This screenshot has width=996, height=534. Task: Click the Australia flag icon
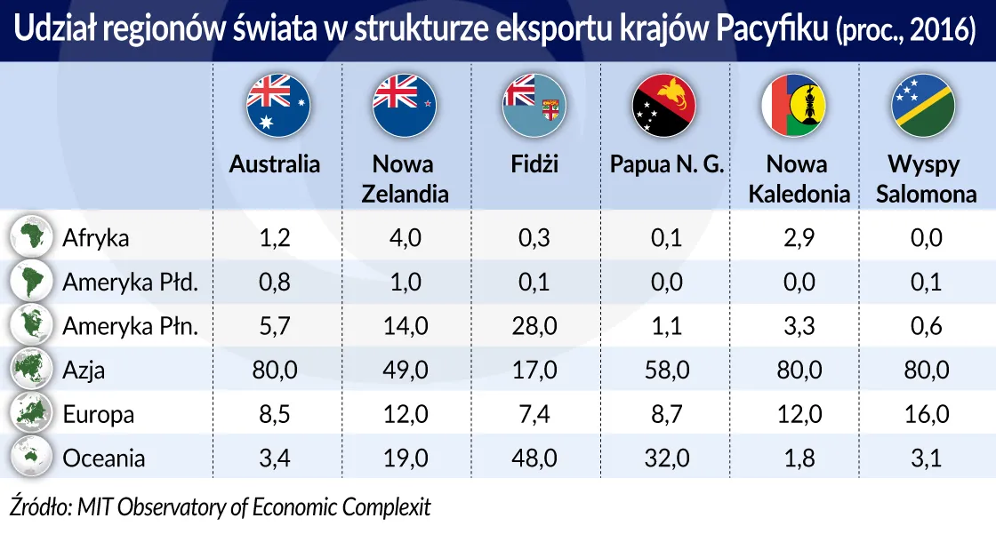[277, 104]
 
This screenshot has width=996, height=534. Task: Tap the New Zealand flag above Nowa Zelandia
[404, 104]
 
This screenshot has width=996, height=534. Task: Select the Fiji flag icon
[534, 104]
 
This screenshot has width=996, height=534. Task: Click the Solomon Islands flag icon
[923, 104]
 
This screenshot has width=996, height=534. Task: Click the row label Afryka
[96, 238]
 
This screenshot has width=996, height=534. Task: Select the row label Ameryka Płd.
[130, 283]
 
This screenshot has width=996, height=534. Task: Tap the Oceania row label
[104, 458]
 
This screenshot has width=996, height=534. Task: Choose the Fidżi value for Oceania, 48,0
[534, 458]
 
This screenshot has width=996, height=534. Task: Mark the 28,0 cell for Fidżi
[534, 326]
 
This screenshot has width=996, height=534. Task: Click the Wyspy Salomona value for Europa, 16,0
[926, 414]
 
